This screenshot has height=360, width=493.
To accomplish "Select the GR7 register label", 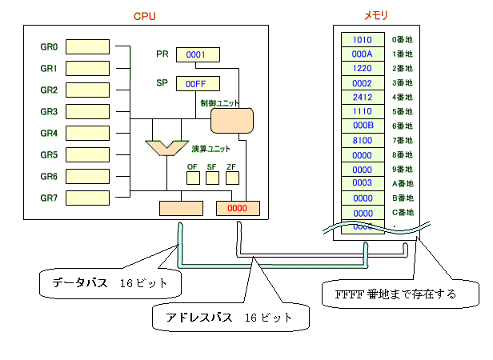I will point(49,198).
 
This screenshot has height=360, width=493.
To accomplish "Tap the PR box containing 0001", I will point(197,54).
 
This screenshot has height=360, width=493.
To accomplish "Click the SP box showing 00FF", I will point(197,83).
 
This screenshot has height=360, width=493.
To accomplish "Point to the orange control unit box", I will point(233,121).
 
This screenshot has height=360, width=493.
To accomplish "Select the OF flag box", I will point(192,178).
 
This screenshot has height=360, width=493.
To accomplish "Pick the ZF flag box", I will point(231,178).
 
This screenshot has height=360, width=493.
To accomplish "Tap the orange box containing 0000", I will point(238,208).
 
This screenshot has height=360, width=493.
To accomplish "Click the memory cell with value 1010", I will point(363,39).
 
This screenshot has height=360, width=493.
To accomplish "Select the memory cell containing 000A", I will point(363,54).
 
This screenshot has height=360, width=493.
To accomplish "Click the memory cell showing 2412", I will point(363,97).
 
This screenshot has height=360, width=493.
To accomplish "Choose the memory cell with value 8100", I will point(363,141).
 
